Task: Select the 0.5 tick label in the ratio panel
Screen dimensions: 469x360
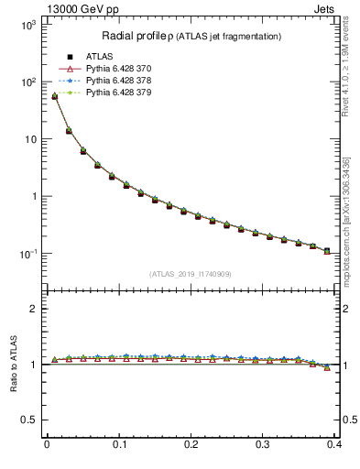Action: coord(28,420)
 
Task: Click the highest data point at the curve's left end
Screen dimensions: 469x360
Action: coord(54,96)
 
